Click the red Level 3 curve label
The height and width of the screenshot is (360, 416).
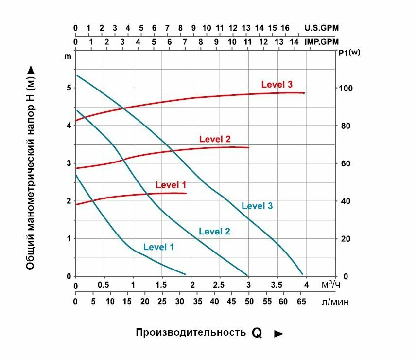pyautogui.click(x=277, y=84)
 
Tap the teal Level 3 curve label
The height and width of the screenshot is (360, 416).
pyautogui.click(x=257, y=206)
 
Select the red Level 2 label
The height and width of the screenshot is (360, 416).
pyautogui.click(x=215, y=140)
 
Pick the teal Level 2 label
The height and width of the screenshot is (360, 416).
pyautogui.click(x=214, y=232)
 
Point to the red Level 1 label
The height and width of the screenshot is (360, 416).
pyautogui.click(x=171, y=185)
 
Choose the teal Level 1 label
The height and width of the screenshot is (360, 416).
pyautogui.click(x=158, y=247)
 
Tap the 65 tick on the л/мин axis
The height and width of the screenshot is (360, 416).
pyautogui.click(x=301, y=302)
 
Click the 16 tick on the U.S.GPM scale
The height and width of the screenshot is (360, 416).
pyautogui.click(x=285, y=28)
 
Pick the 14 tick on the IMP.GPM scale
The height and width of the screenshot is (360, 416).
pyautogui.click(x=295, y=42)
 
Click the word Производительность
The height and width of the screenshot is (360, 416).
pyautogui.click(x=191, y=333)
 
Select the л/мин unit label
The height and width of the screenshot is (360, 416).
pyautogui.click(x=335, y=302)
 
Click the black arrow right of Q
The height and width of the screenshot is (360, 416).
pyautogui.click(x=278, y=334)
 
